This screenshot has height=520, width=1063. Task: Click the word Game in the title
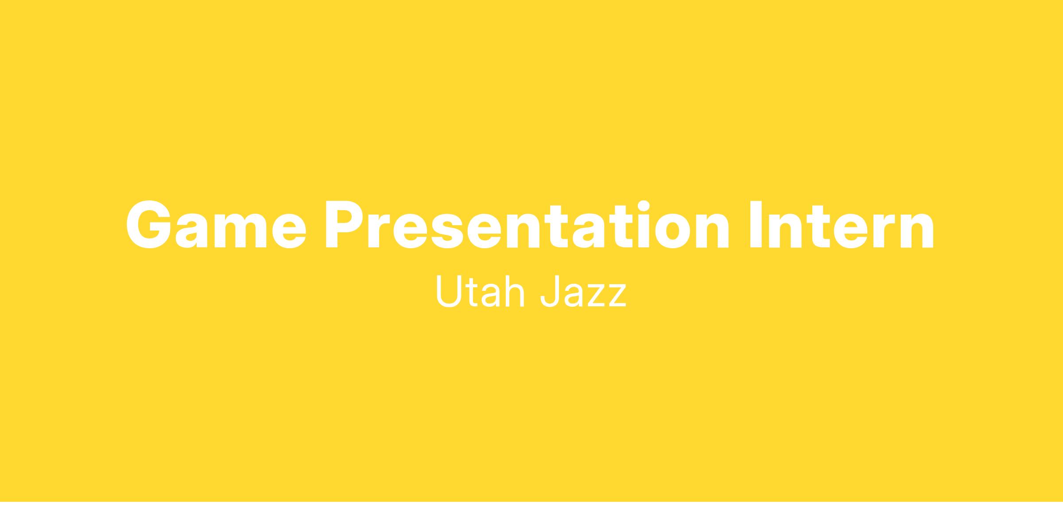pos(216,224)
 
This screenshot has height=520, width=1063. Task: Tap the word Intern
pos(842,224)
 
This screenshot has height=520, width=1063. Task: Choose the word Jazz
pos(583,291)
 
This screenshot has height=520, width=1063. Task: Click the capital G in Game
pos(149,224)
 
